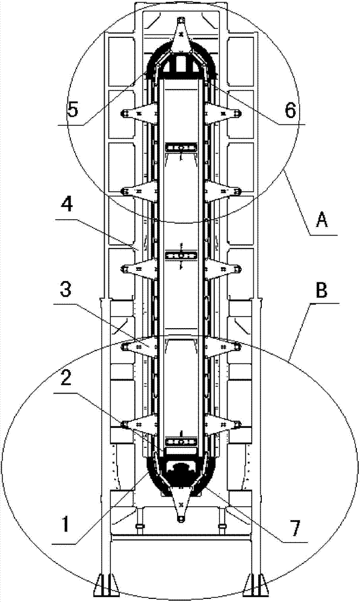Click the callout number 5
pyautogui.click(x=72, y=110)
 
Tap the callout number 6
pyautogui.click(x=290, y=110)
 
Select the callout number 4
pyautogui.click(x=68, y=206)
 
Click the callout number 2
pyautogui.click(x=66, y=379)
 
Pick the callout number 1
pyautogui.click(x=66, y=524)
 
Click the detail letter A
pyautogui.click(x=321, y=220)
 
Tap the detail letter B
pyautogui.click(x=321, y=291)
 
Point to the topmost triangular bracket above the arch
pyautogui.click(x=180, y=36)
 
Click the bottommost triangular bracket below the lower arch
pyautogui.click(x=181, y=503)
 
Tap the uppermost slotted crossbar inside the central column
pyautogui.click(x=181, y=147)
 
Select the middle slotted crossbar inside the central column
pyautogui.click(x=181, y=255)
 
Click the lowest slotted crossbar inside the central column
pyautogui.click(x=181, y=442)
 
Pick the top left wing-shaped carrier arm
pyautogui.click(x=139, y=114)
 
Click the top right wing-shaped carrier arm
pyautogui.click(x=222, y=114)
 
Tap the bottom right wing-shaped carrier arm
pyautogui.click(x=222, y=424)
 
